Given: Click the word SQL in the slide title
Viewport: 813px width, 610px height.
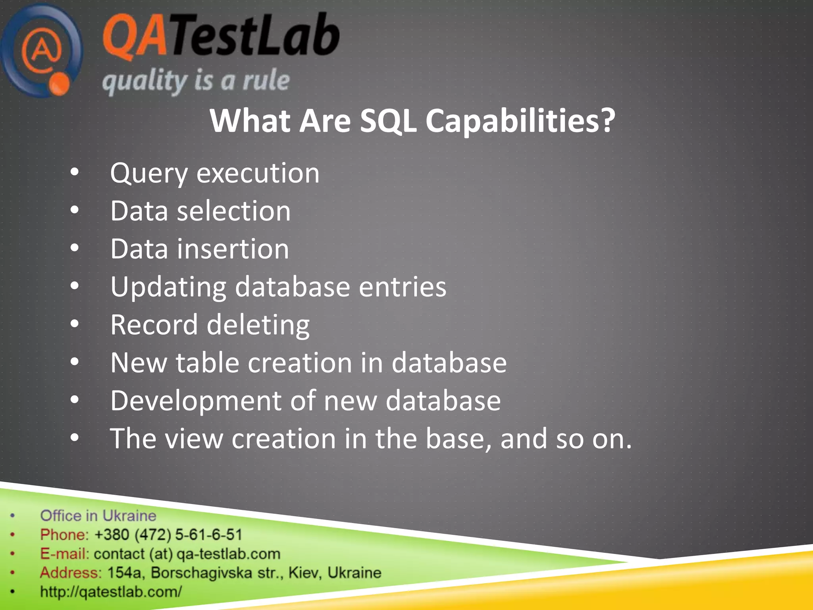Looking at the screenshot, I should [x=388, y=121].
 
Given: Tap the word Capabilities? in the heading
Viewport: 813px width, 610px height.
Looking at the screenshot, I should [x=520, y=121].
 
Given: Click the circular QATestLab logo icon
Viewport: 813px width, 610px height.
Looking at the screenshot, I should [x=42, y=51].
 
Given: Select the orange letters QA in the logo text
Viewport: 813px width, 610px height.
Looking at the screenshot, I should [x=135, y=37].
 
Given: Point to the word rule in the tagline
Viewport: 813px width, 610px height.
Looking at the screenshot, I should [x=266, y=81].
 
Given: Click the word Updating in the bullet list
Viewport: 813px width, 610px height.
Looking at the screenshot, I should [x=168, y=287].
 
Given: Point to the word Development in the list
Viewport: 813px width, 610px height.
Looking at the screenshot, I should [x=196, y=401].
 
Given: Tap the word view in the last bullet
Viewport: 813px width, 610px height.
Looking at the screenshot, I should [x=194, y=439].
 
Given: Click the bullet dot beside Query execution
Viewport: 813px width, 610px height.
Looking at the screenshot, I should [x=74, y=173].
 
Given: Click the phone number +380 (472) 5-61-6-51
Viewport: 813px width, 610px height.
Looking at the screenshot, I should [x=168, y=535].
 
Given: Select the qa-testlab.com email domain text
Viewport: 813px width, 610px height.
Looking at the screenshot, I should [x=228, y=554].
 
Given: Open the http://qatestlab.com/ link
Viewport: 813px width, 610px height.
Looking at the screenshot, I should [x=111, y=592].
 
